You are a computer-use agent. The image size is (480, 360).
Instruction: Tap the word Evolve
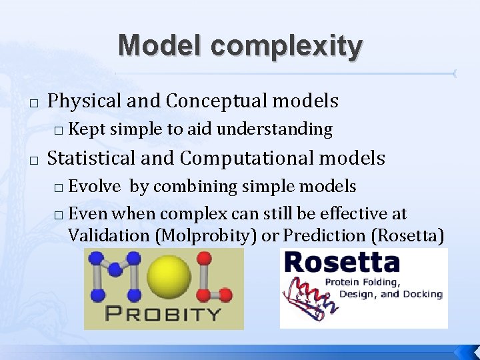[x=94, y=187]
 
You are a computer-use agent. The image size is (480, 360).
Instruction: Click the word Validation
[x=105, y=235]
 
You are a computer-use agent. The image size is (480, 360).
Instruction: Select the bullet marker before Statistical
[x=33, y=159]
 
